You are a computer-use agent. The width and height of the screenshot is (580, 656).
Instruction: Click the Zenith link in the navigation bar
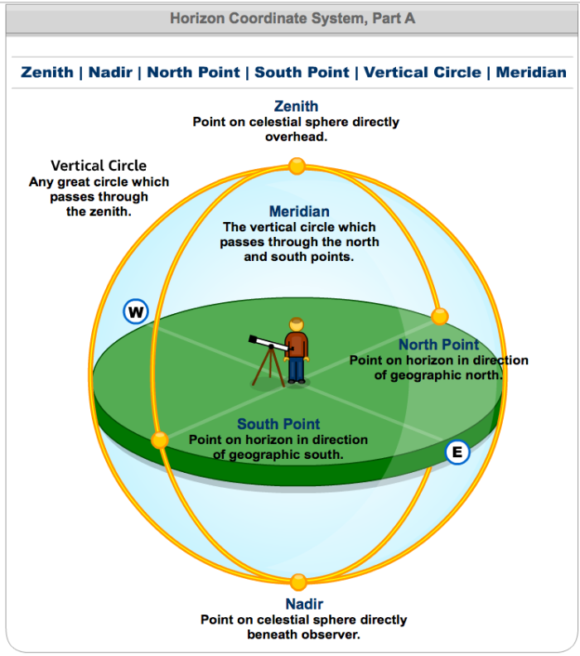click(47, 72)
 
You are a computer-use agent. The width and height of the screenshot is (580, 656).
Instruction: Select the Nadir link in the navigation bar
click(111, 72)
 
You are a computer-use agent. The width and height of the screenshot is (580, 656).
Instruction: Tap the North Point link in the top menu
click(194, 72)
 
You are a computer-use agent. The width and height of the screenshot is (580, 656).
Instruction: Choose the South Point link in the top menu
click(302, 72)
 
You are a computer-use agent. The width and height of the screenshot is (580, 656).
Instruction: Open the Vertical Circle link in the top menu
click(423, 72)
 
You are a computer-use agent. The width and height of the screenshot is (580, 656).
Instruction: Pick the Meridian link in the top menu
click(531, 72)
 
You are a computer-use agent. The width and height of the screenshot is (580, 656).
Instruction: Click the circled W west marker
click(135, 312)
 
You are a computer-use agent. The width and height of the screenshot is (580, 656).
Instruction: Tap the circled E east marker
click(457, 451)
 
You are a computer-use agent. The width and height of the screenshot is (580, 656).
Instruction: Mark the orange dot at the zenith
click(297, 166)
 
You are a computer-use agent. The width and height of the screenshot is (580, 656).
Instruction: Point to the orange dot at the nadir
click(298, 582)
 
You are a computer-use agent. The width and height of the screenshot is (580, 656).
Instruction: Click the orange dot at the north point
click(440, 316)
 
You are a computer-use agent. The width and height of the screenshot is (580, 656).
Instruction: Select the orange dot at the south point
click(160, 440)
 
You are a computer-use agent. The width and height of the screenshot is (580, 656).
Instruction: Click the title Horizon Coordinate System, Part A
click(292, 18)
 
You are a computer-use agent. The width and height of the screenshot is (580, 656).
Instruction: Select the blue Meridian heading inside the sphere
click(299, 212)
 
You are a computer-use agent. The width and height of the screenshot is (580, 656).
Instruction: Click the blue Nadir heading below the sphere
click(304, 604)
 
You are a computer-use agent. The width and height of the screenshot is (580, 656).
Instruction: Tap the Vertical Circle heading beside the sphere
click(99, 166)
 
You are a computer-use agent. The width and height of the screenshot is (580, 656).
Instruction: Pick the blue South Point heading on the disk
click(278, 425)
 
